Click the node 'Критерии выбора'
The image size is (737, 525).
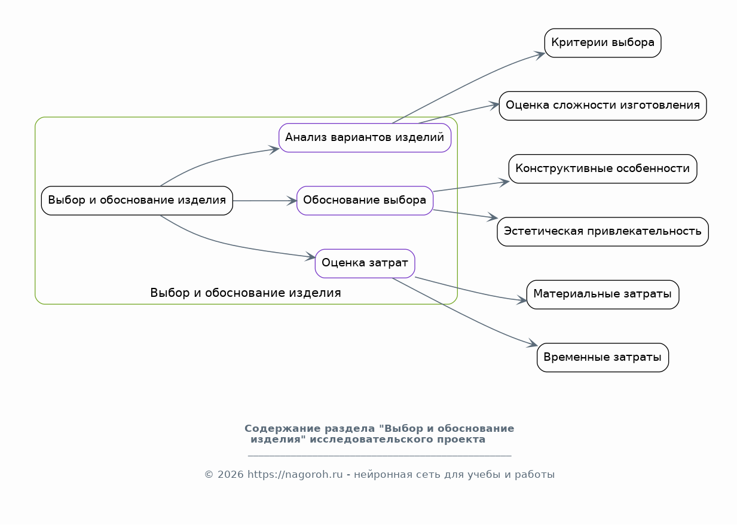pos(603,43)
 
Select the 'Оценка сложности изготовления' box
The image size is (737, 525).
pos(603,106)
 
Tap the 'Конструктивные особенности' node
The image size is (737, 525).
pos(603,168)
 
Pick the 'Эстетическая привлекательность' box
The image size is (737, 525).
pos(603,232)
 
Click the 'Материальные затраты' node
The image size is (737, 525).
pos(603,294)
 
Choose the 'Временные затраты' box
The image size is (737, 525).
pos(603,358)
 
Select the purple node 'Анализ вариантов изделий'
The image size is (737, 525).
pos(365,137)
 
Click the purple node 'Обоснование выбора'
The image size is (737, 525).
pos(365,201)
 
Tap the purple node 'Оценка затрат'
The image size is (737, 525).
pos(365,263)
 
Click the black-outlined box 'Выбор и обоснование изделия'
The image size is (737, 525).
pos(137,201)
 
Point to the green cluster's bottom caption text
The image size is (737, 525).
pos(245,293)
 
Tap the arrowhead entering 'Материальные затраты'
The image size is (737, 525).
pos(522,300)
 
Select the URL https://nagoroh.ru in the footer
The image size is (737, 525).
pos(295,475)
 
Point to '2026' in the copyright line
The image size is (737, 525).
pos(231,475)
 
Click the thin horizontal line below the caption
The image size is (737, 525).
pos(380,456)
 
